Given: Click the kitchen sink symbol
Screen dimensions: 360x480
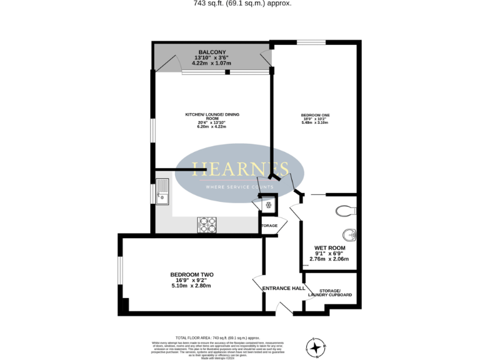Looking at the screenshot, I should pyautogui.click(x=164, y=191).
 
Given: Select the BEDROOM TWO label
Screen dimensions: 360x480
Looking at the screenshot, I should pyautogui.click(x=192, y=274).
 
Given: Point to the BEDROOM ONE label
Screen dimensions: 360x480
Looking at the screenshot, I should pyautogui.click(x=314, y=116).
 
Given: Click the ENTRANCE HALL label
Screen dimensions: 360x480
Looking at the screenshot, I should pyautogui.click(x=284, y=288).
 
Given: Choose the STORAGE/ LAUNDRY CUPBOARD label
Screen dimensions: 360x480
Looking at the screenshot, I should pyautogui.click(x=336, y=293).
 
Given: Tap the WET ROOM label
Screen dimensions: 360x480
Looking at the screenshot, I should pyautogui.click(x=329, y=248).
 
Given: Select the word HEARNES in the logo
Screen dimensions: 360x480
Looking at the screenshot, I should pyautogui.click(x=240, y=169).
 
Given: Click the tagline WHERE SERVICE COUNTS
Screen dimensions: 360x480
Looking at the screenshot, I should pyautogui.click(x=240, y=187).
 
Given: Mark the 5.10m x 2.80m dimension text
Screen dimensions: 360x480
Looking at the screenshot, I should pyautogui.click(x=191, y=286).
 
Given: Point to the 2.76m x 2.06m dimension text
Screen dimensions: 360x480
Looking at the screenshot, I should pyautogui.click(x=329, y=259).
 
